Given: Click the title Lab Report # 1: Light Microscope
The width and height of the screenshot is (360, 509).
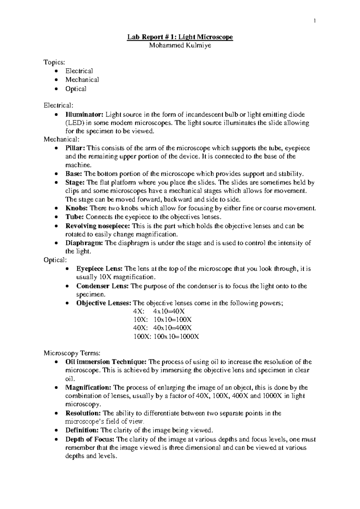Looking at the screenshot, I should click(180, 37).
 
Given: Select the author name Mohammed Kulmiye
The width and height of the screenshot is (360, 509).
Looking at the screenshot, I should click(180, 46).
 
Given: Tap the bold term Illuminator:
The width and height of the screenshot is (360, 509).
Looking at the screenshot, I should click(84, 115).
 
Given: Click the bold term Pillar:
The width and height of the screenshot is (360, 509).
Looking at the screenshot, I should click(75, 148).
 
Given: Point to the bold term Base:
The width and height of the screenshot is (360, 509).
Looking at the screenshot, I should click(74, 174).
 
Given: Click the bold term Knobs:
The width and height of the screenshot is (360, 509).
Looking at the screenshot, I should click(76, 208).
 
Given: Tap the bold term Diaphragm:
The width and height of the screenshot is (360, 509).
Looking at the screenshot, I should click(84, 243).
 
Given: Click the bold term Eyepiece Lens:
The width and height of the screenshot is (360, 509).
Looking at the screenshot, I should click(99, 269).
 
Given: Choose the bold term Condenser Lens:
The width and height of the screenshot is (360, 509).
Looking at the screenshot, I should click(103, 286).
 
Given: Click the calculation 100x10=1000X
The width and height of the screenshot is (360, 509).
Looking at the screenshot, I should click(176, 337).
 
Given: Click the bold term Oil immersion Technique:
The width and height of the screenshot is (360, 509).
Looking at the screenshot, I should click(106, 362).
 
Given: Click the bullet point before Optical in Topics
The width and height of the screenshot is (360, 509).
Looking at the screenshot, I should click(57, 89).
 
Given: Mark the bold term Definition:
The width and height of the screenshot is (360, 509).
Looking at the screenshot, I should click(82, 430).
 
